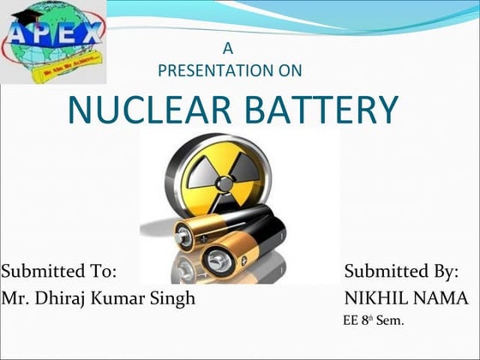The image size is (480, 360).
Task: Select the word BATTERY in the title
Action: point(318,111)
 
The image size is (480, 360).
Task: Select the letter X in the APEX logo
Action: point(88,36)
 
